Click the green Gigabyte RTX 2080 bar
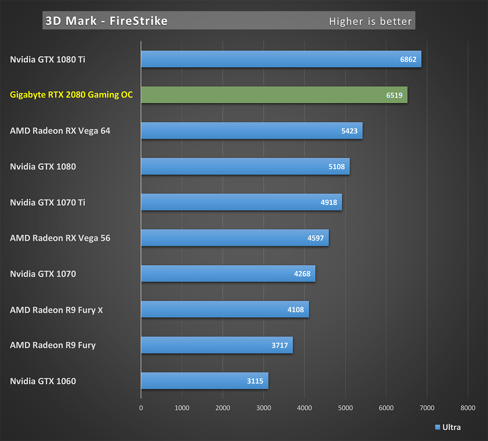click(274, 95)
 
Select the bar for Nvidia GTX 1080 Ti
click(281, 59)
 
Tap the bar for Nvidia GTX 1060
click(205, 381)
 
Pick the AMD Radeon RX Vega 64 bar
click(251, 131)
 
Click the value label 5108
click(336, 167)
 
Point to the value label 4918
click(329, 202)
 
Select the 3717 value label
click(279, 345)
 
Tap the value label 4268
click(302, 274)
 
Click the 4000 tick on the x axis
click(304, 408)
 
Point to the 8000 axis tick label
click(468, 408)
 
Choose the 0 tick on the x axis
click(141, 408)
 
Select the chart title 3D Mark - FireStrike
click(107, 21)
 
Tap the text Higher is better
click(370, 22)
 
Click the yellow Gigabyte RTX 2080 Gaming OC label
click(71, 95)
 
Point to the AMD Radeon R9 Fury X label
click(56, 310)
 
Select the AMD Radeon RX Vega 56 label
click(60, 238)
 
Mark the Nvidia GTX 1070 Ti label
click(48, 202)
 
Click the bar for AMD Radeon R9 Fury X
click(225, 310)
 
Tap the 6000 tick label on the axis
click(386, 408)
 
